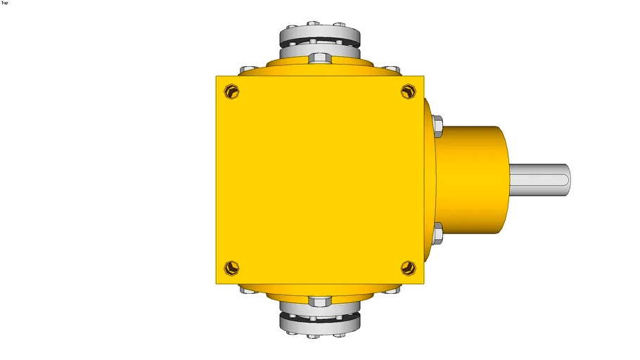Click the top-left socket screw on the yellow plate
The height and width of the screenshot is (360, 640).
tap(232, 91)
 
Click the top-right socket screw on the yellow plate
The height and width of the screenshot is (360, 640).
tap(409, 91)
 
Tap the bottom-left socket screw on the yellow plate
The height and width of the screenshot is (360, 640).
tap(231, 267)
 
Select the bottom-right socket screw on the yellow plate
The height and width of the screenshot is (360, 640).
tap(409, 267)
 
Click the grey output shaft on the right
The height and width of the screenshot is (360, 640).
tap(538, 180)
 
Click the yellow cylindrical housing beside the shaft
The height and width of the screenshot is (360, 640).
tap(471, 180)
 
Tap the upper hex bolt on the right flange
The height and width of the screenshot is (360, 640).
tap(437, 126)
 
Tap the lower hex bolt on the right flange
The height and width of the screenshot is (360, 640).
tap(437, 233)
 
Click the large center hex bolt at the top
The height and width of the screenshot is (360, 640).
tap(320, 57)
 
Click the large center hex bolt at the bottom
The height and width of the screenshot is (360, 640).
tap(320, 302)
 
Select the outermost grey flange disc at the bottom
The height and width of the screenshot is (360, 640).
tap(320, 324)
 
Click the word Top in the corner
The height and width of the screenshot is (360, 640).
tap(5, 3)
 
